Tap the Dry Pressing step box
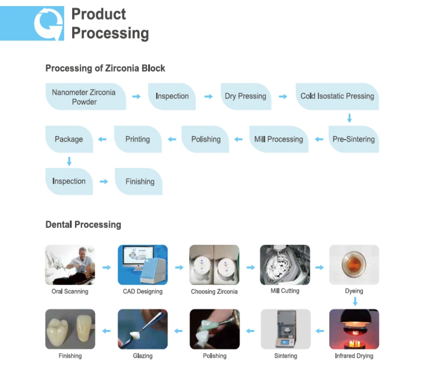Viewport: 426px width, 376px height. coord(246,97)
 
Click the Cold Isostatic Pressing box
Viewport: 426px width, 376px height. coord(337,97)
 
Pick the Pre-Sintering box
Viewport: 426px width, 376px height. coord(353,139)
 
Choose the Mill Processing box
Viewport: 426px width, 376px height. coord(278,139)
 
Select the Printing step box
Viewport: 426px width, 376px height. coord(138,139)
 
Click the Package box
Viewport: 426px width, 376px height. coord(69,139)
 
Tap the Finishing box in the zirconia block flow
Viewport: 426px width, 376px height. coord(139,181)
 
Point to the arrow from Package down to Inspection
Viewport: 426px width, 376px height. coord(69,161)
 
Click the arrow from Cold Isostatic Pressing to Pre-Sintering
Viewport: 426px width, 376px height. coord(349,118)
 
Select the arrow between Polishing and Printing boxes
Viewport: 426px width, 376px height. coord(172,139)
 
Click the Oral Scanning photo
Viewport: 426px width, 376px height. coord(70,265)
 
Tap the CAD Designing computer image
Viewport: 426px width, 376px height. coord(142,265)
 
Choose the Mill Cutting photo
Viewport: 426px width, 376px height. coord(285,265)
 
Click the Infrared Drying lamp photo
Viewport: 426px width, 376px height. coord(354,329)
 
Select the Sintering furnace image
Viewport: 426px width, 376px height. coord(285,329)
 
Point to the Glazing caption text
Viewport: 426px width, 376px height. coord(142,356)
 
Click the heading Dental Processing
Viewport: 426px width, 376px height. coord(83,225)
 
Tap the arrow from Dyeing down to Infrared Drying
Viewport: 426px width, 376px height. coord(355,301)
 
